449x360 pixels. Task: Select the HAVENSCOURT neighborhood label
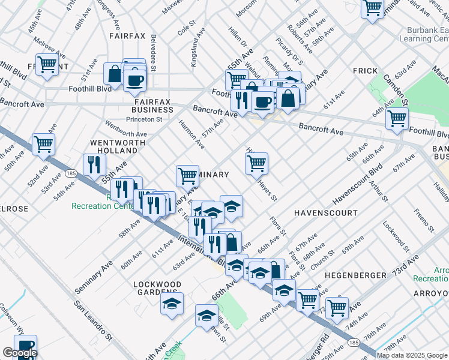coord(325,213)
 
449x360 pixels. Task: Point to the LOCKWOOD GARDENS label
coord(157,289)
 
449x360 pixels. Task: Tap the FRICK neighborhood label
coord(365,71)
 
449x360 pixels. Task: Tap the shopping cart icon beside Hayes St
coord(256,163)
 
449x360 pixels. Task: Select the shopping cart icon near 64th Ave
coord(397,118)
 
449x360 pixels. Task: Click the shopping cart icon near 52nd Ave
coord(43,143)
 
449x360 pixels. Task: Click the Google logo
coord(19,353)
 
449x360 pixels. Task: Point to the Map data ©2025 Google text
coord(411,355)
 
